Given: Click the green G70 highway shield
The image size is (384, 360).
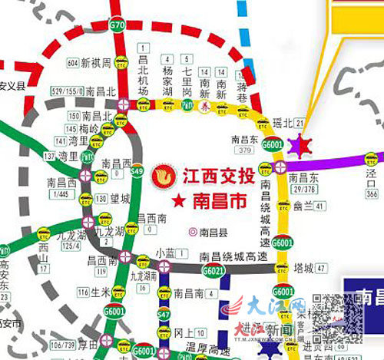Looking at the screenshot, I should click(x=116, y=25).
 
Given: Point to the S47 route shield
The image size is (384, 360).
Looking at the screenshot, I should click(x=164, y=315).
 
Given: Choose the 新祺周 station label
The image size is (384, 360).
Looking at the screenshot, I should click(x=96, y=61).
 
